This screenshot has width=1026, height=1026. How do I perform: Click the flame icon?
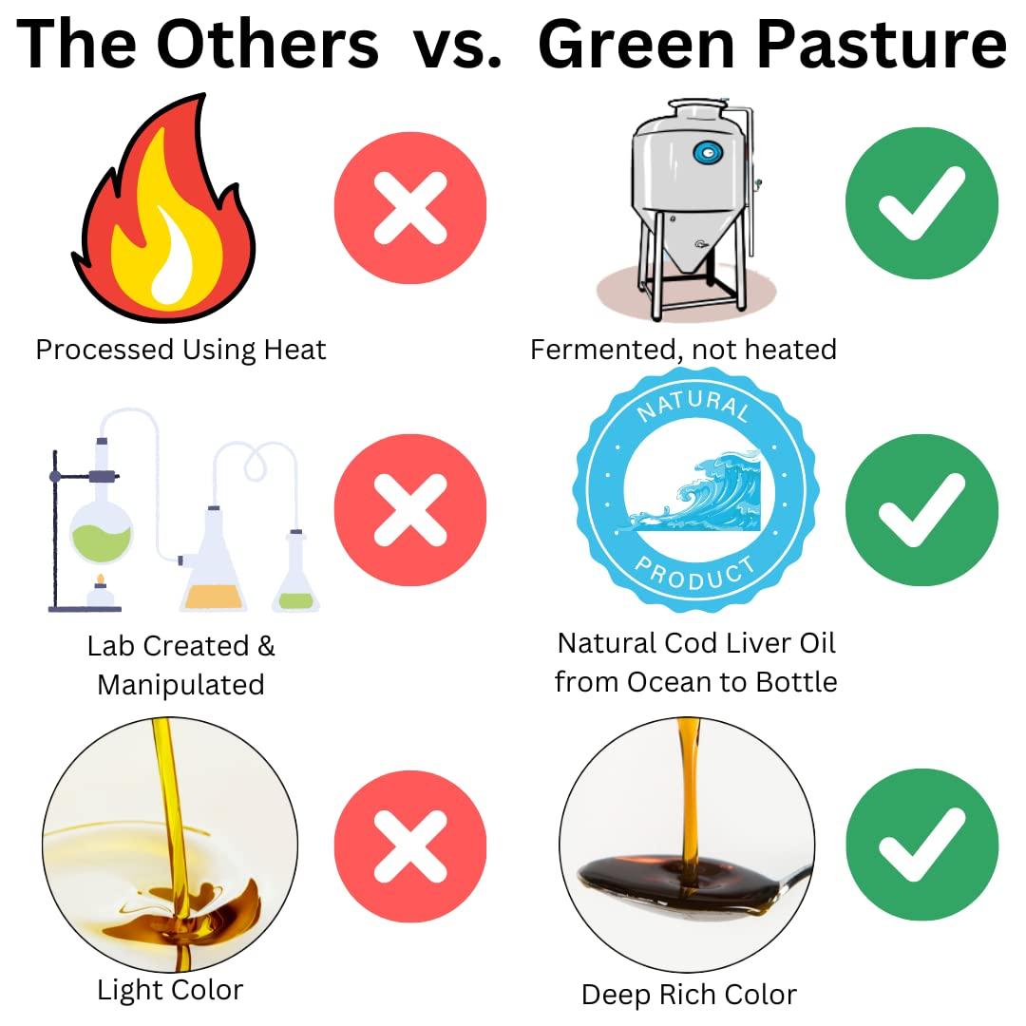pyautogui.click(x=163, y=214)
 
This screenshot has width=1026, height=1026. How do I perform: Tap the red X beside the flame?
pyautogui.click(x=410, y=207)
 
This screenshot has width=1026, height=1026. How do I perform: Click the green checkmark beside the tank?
pyautogui.click(x=921, y=203)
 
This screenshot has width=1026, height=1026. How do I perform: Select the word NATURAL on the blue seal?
pyautogui.click(x=693, y=408)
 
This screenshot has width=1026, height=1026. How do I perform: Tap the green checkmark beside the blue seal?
pyautogui.click(x=921, y=510)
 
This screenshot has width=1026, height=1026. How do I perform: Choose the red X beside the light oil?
pyautogui.click(x=410, y=846)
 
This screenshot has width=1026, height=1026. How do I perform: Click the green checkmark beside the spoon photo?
pyautogui.click(x=921, y=845)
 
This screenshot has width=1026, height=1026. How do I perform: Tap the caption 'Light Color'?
pyautogui.click(x=170, y=990)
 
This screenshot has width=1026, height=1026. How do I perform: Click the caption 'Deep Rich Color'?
pyautogui.click(x=689, y=995)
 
